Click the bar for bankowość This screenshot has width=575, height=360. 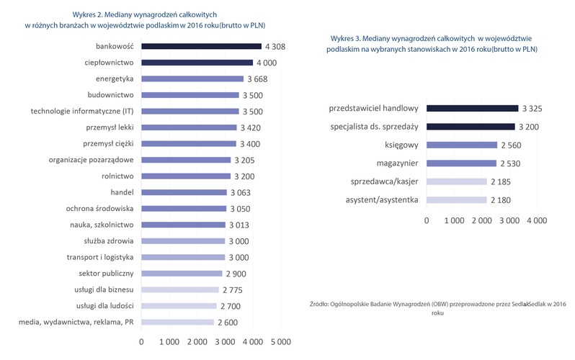pos(201,46)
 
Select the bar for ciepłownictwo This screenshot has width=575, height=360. pos(196,63)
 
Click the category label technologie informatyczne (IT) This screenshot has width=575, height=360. pos(82,111)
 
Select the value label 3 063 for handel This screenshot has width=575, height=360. pos(243,192)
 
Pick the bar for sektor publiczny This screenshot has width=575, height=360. pos(182,274)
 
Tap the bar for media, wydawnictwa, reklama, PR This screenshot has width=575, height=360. pos(177,322)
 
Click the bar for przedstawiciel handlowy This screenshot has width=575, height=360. pos(472,108)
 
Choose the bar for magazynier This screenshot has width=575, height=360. pos(461,163)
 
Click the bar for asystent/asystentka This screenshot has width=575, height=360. pos(457,199)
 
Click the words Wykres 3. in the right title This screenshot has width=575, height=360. pos(348,37)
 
